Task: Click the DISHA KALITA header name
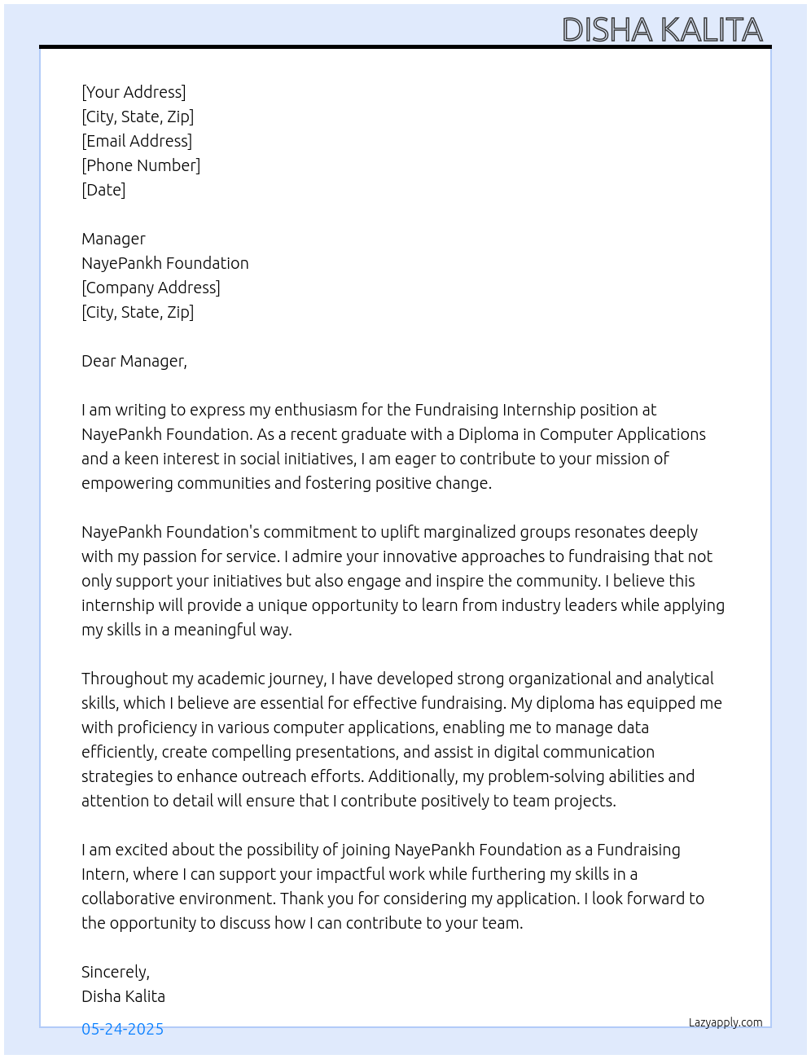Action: click(x=662, y=30)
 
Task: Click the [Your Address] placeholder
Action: click(x=134, y=92)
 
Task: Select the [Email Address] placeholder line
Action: click(x=137, y=141)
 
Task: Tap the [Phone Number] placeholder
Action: click(x=141, y=165)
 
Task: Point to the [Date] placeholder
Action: click(x=103, y=190)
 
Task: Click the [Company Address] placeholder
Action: click(x=151, y=288)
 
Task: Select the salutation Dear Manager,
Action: click(x=134, y=361)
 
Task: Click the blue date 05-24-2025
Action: click(x=122, y=1029)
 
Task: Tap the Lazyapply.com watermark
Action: click(x=726, y=1022)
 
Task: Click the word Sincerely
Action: click(x=115, y=972)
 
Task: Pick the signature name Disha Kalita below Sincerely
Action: click(x=123, y=996)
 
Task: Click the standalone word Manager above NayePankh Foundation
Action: click(x=113, y=239)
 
